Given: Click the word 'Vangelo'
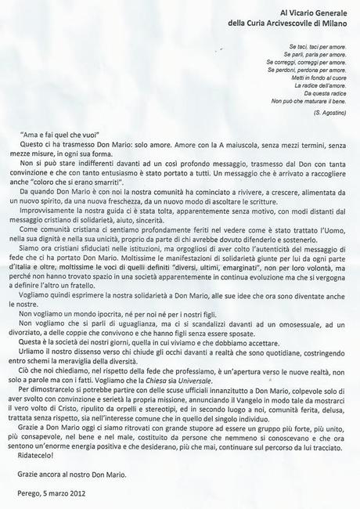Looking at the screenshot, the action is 240,407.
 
